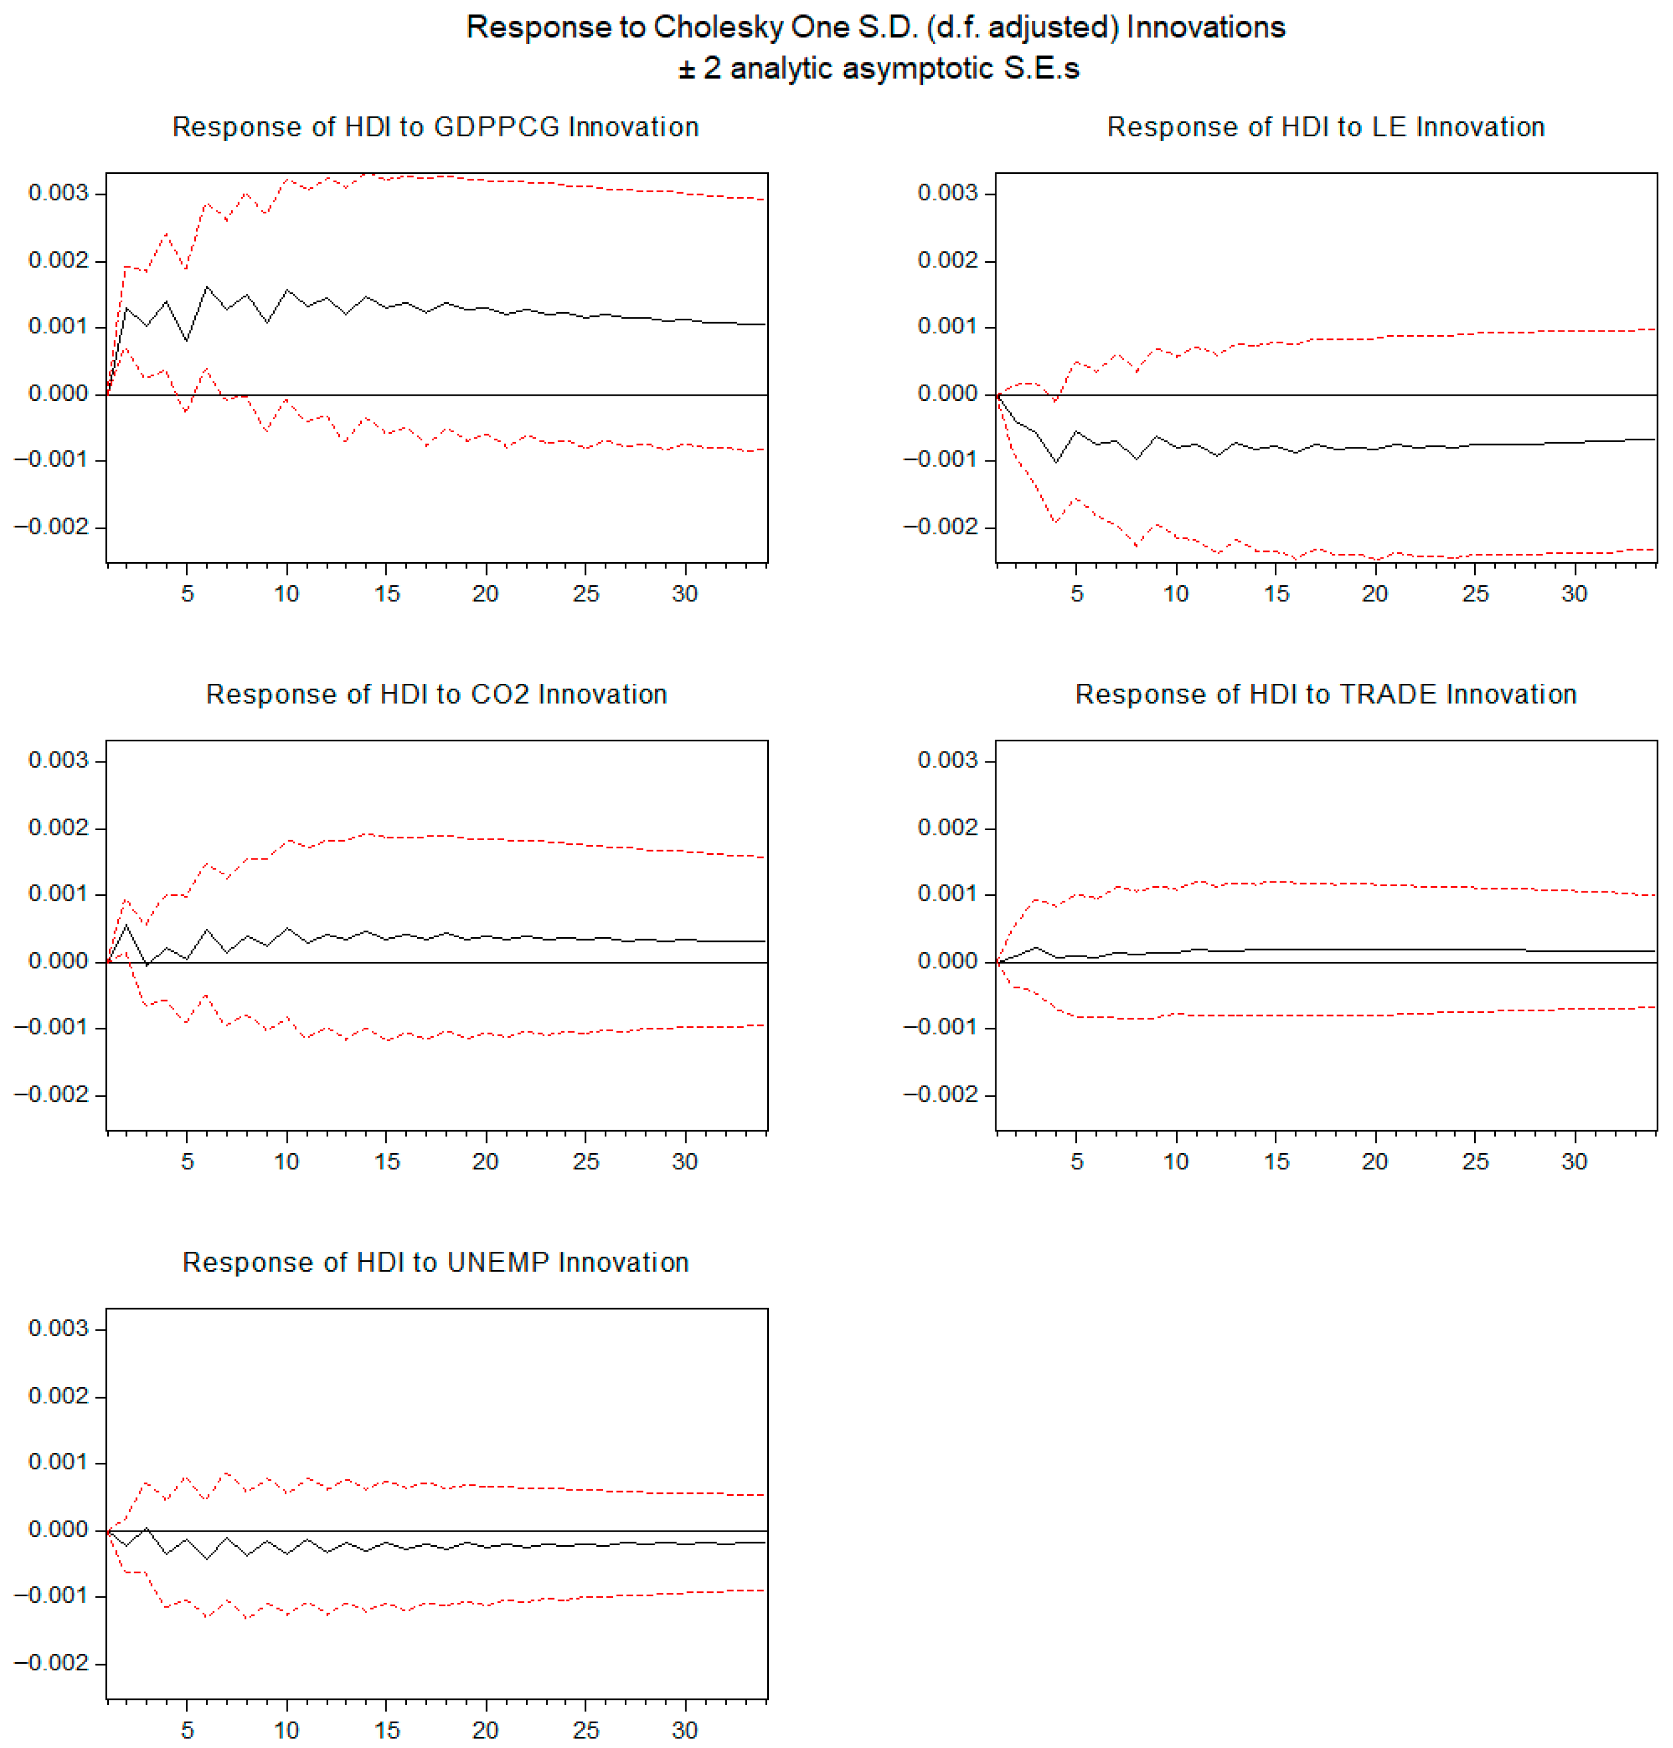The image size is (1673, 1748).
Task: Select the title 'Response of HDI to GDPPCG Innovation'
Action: [435, 126]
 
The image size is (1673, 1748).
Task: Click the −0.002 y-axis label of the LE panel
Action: [941, 527]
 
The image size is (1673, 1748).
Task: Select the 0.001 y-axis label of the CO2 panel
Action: [58, 894]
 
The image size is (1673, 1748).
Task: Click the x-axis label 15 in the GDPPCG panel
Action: [386, 594]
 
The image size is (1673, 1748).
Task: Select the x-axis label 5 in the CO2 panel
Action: [187, 1161]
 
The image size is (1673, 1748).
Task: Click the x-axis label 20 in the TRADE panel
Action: [1374, 1161]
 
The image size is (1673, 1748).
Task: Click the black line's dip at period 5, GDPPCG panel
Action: [186, 340]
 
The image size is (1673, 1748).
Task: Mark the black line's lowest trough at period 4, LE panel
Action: [1056, 462]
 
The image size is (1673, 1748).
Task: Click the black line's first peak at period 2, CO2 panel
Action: [126, 925]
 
